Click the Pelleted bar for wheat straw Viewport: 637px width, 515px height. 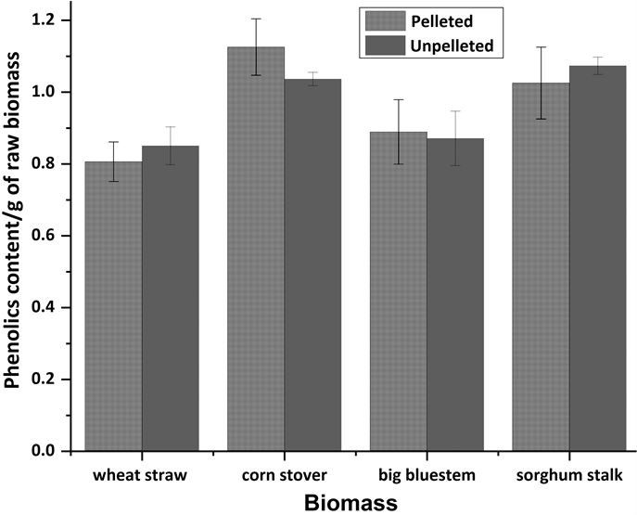click(x=113, y=306)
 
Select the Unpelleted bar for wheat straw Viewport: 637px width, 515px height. click(x=170, y=298)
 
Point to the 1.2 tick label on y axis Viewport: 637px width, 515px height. click(x=45, y=20)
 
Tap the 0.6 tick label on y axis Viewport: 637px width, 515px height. click(x=45, y=236)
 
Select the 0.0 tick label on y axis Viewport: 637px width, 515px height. click(x=45, y=452)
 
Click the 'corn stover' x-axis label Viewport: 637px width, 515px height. click(x=284, y=476)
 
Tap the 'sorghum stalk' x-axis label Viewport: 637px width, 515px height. click(x=568, y=476)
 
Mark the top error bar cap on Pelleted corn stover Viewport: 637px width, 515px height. click(x=256, y=19)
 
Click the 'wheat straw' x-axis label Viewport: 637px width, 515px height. click(x=142, y=476)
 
